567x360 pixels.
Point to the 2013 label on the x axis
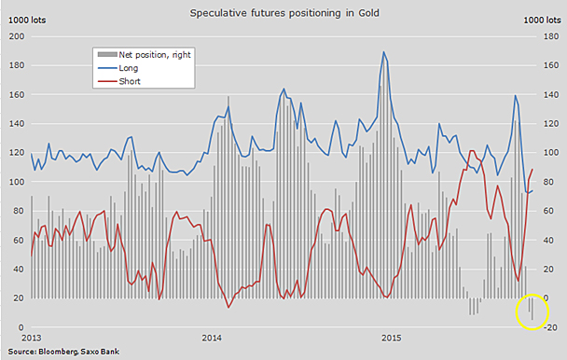[x=32, y=337]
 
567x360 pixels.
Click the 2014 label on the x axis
[x=212, y=337]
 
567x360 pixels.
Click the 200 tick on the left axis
[x=15, y=36]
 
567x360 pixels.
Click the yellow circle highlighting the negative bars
[x=532, y=312]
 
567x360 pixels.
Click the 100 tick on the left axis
[x=15, y=182]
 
